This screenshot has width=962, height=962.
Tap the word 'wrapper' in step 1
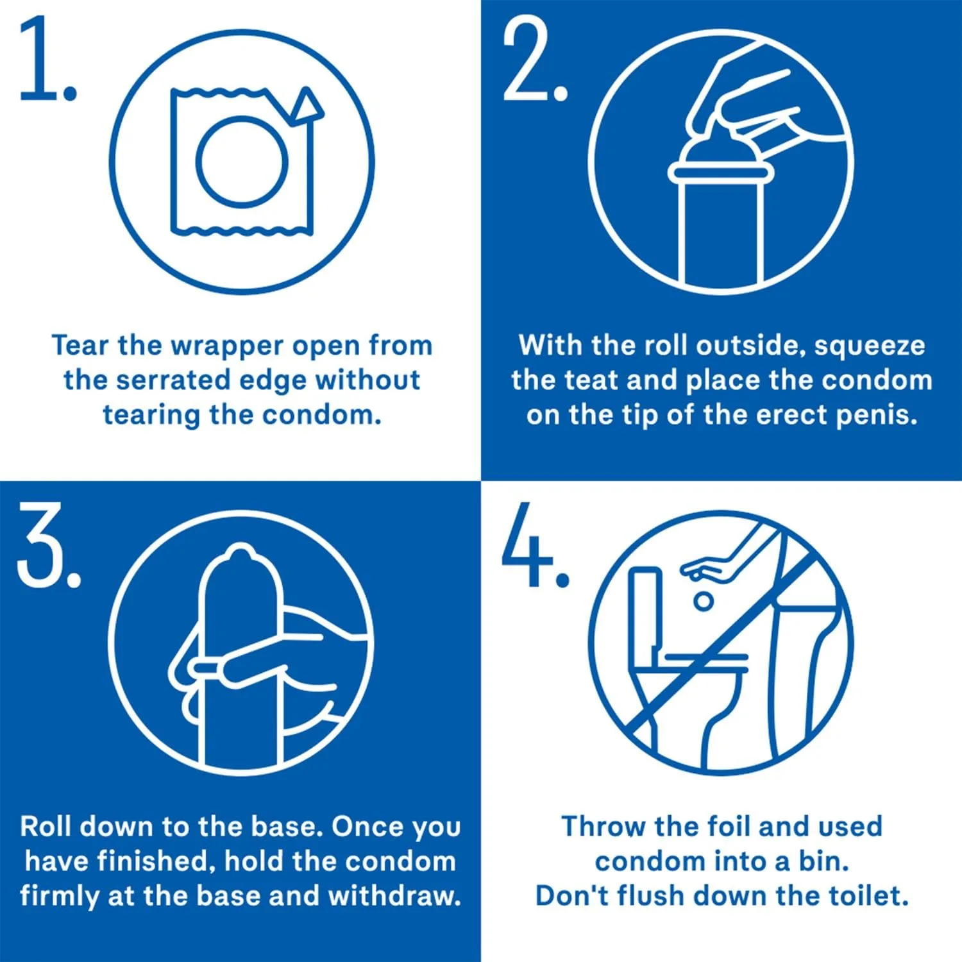pyautogui.click(x=228, y=346)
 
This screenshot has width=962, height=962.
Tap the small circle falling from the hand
pyautogui.click(x=703, y=601)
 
